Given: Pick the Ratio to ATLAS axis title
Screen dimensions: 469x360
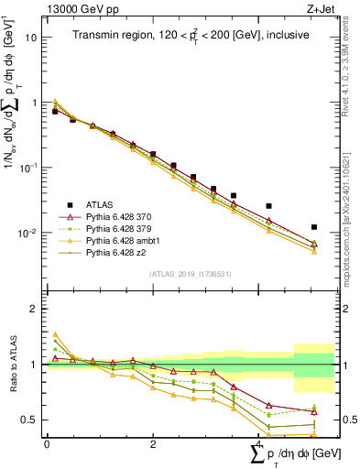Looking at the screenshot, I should (x=12, y=365).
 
